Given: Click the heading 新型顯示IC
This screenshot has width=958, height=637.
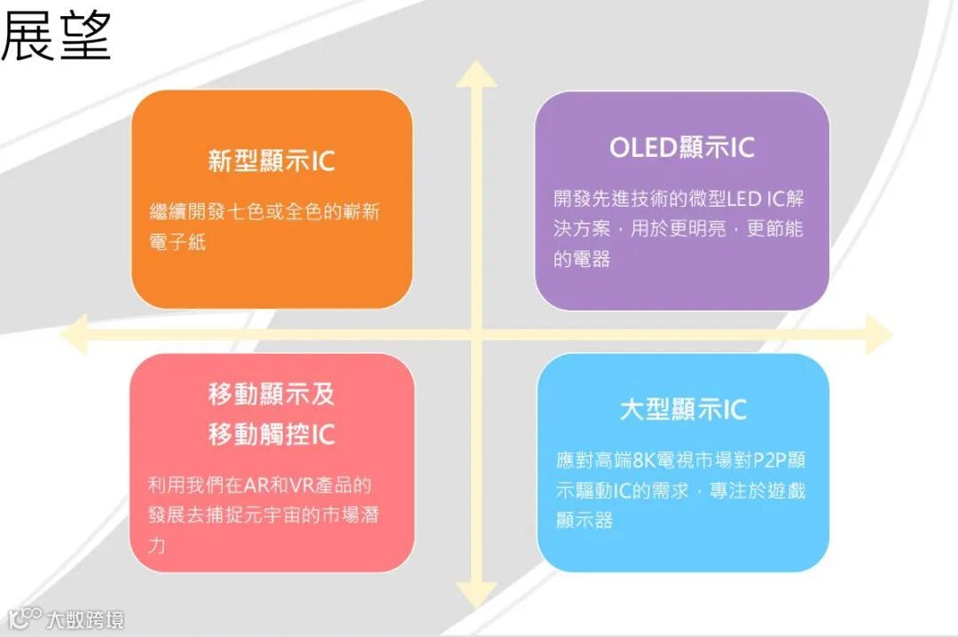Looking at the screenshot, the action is (x=271, y=161).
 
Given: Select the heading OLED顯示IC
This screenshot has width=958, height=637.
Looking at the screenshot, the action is (x=681, y=147).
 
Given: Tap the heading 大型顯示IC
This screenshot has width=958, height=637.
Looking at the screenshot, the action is (x=682, y=409).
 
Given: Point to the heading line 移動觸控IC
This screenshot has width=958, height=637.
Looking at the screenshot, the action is (x=271, y=435).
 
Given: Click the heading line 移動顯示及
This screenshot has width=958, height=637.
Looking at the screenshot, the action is (x=271, y=393).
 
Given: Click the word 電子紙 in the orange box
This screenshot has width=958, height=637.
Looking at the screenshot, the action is (x=177, y=242).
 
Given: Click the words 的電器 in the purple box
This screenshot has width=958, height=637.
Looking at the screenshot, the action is (x=582, y=259).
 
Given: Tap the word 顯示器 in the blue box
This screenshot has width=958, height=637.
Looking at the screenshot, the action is (x=584, y=520).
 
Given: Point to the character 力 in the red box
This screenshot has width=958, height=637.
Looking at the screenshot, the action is (x=156, y=545).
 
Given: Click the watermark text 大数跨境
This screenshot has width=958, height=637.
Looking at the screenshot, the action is (x=85, y=618).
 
